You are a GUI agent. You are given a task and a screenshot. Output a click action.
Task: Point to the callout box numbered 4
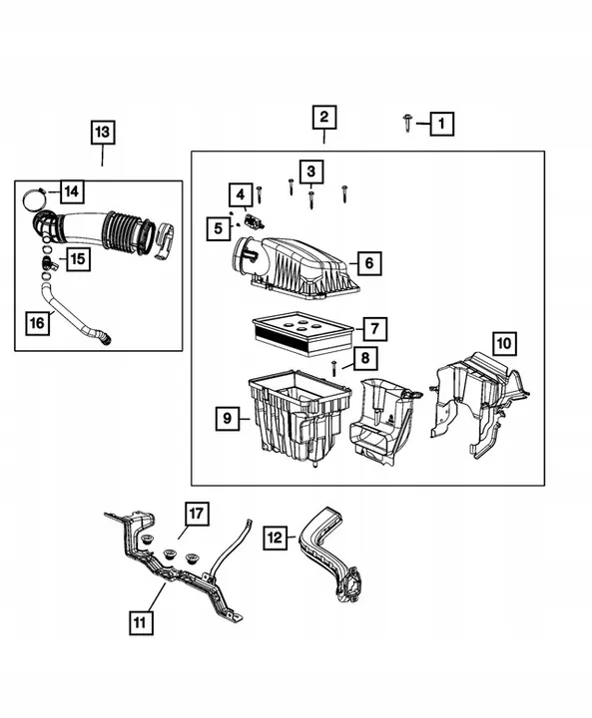click(240, 193)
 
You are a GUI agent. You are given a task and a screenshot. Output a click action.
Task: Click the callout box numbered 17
click(196, 515)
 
